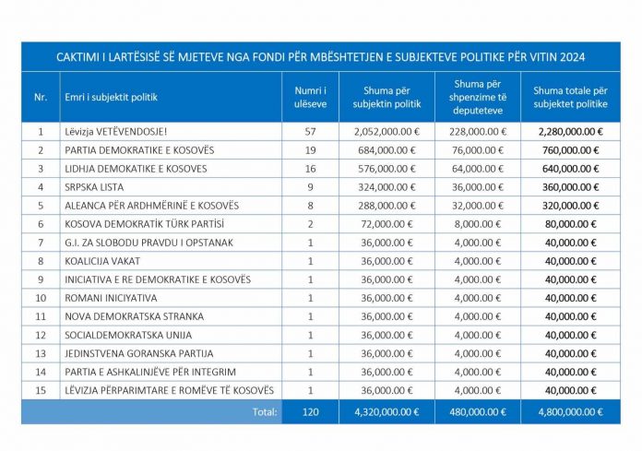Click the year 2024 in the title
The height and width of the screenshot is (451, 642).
pos(573,57)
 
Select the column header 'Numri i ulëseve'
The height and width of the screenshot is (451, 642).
pos(310,98)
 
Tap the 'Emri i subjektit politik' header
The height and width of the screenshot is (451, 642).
pos(111,98)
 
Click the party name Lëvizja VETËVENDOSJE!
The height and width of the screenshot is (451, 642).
pos(116,132)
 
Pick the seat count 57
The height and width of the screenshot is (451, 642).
pos(310,132)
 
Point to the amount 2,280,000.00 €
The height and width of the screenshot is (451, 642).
pos(570,132)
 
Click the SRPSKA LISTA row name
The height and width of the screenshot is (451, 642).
pos(94,187)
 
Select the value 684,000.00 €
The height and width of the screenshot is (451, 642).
pos(386,150)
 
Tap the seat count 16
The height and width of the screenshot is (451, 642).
pos(310,169)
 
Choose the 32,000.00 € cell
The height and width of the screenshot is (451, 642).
pos(478,206)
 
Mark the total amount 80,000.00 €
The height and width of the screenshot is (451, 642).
pos(570,224)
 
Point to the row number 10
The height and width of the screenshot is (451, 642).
pos(41,298)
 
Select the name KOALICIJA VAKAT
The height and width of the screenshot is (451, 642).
pos(102,261)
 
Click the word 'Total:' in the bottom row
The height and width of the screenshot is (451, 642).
pos(265,411)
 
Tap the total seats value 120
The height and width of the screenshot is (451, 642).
pos(310,411)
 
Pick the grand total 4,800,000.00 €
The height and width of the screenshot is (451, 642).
pos(570,411)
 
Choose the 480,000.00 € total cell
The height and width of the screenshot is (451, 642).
pos(478,411)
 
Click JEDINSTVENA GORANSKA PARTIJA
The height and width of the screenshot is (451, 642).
pos(139,353)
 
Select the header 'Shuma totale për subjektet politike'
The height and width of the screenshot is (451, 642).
pos(570,98)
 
